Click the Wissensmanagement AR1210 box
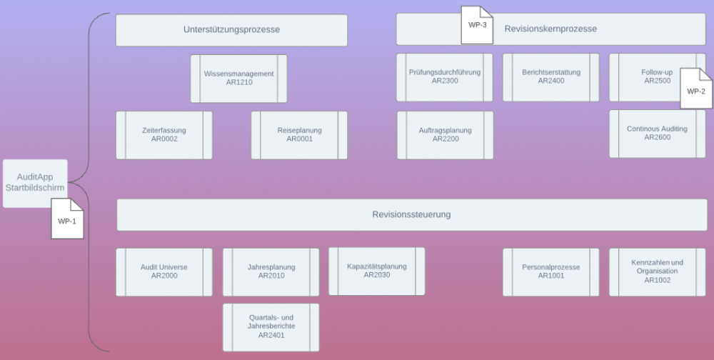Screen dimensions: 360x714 [x=238, y=78]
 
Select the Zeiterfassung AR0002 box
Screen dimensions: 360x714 [x=164, y=134]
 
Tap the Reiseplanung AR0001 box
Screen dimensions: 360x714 [x=299, y=134]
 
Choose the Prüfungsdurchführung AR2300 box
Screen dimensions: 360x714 [x=445, y=76]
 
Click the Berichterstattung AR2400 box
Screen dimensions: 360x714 [x=550, y=76]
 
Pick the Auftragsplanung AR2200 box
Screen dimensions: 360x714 [x=445, y=134]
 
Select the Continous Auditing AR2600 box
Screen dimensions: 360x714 [x=657, y=133]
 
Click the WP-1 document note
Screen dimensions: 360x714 [x=67, y=219]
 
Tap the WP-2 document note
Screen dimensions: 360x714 [x=695, y=89]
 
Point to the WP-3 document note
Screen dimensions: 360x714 [x=477, y=24]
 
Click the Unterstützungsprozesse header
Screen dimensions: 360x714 [x=231, y=30]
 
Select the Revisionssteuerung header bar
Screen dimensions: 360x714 [x=411, y=214]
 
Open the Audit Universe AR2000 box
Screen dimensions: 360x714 [x=164, y=271]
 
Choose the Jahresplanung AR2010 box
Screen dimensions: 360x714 [x=271, y=271]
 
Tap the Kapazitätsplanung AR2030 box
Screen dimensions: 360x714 [x=376, y=271]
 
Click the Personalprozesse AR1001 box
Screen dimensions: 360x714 [x=550, y=271]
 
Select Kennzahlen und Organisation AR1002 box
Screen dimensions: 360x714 [x=657, y=271]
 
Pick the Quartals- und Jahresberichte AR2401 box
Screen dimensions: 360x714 [x=271, y=326]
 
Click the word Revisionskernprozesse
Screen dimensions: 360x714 [x=550, y=29]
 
